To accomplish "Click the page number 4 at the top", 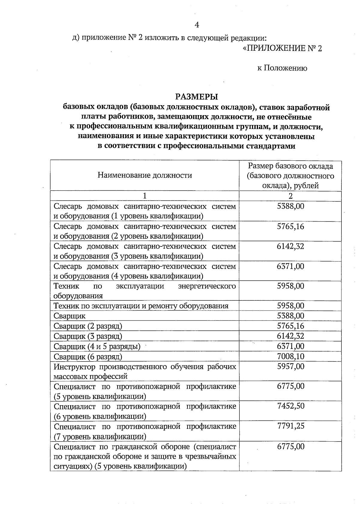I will tap(197, 25).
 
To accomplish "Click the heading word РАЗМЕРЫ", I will tap(196, 97).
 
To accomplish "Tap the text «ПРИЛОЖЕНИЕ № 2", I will tap(282, 49).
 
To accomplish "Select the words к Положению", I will tap(282, 68).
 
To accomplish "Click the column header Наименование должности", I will tap(145, 175).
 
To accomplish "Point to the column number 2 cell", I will tap(290, 196).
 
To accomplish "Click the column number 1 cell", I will tap(145, 196).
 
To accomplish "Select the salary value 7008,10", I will tap(290, 356).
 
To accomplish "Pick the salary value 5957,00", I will tap(290, 366).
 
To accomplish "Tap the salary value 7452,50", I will tap(290, 406).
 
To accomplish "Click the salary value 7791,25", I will tap(290, 426).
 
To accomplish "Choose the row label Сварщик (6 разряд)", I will tap(88, 357).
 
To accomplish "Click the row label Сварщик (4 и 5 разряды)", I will tap(97, 347).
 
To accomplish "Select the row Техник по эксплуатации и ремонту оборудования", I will tap(141, 306).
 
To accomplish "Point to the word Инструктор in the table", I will tap(75, 367).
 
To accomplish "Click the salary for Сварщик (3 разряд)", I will tap(290, 336).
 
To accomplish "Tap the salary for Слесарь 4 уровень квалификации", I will tap(290, 266).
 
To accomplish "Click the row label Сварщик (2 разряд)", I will tap(88, 326).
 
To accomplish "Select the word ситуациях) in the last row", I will tap(72, 467).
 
